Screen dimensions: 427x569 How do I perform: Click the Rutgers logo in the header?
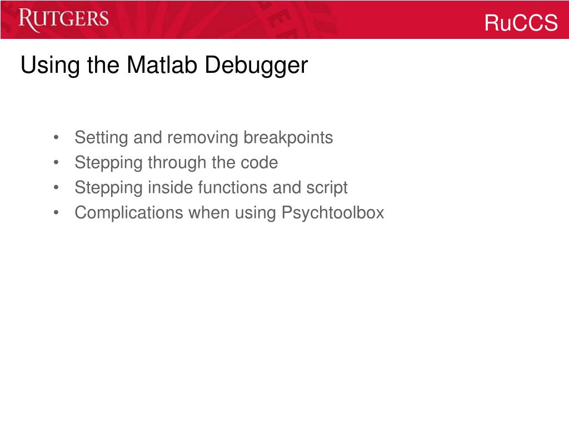point(63,20)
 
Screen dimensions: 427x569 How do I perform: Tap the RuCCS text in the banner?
point(521,23)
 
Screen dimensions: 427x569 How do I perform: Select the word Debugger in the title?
point(256,66)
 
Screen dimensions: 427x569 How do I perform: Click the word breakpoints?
point(288,137)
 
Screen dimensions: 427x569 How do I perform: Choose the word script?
point(327,188)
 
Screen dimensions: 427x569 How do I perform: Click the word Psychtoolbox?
point(333,212)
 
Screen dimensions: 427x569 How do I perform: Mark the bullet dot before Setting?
point(57,138)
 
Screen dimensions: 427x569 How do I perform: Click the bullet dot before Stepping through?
point(57,163)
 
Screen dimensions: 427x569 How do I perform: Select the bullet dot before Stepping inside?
point(57,188)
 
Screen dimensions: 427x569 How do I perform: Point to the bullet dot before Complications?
point(57,213)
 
